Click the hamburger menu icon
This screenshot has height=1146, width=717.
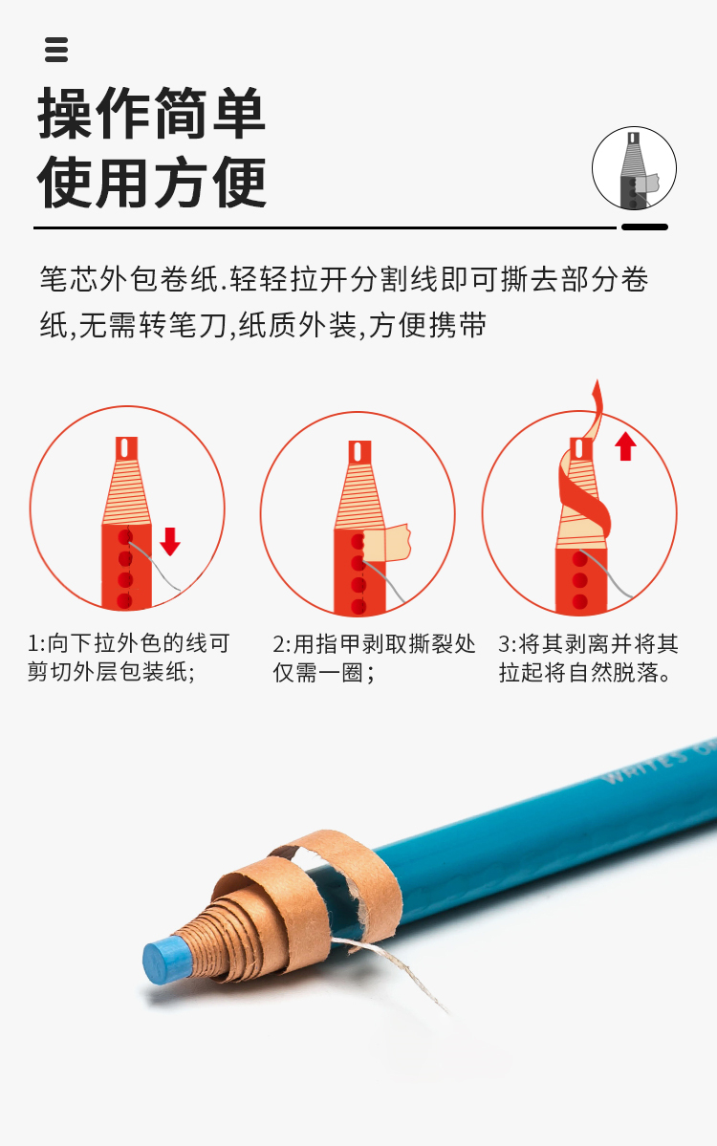pos(56,50)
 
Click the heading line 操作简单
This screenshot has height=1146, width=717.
pos(151,114)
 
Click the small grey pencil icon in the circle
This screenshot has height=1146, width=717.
pos(635,169)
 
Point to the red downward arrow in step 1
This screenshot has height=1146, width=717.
pos(170,541)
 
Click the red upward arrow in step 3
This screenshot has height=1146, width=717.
pos(625,445)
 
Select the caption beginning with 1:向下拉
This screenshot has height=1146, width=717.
pos(129,657)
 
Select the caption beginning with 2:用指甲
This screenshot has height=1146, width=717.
pos(374,658)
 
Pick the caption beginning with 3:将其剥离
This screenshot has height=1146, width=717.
pos(588,658)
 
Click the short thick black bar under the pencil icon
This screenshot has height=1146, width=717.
pos(644,227)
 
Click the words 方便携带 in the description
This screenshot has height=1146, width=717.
pos(427,325)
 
